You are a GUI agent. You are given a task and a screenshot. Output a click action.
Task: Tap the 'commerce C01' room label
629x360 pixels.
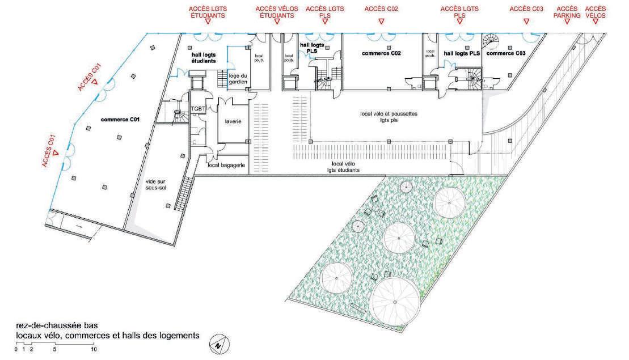[120, 120]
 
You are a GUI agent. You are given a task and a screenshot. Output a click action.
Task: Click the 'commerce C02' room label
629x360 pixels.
[381, 53]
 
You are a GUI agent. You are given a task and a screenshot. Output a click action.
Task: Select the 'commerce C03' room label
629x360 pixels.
[506, 53]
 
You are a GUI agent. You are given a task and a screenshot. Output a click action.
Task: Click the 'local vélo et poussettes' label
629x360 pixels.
[389, 117]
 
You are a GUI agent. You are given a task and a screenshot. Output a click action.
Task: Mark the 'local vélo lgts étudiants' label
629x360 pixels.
[343, 167]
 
